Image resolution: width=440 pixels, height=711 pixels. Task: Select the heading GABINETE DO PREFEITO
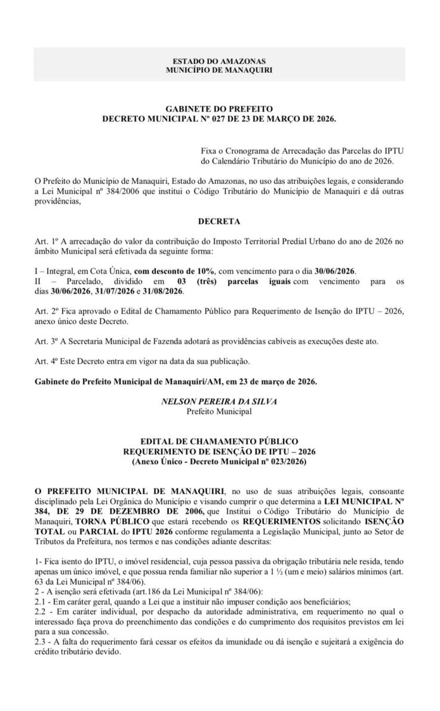tap(219, 109)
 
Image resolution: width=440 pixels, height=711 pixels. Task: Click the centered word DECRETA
tap(219, 221)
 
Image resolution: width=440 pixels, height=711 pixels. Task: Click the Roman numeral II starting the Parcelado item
tap(39, 281)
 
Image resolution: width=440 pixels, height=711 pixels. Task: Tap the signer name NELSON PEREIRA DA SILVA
tap(219, 402)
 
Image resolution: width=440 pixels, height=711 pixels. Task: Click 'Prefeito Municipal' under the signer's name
tap(219, 411)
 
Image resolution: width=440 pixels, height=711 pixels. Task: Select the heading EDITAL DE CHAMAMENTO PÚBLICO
tap(219, 442)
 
